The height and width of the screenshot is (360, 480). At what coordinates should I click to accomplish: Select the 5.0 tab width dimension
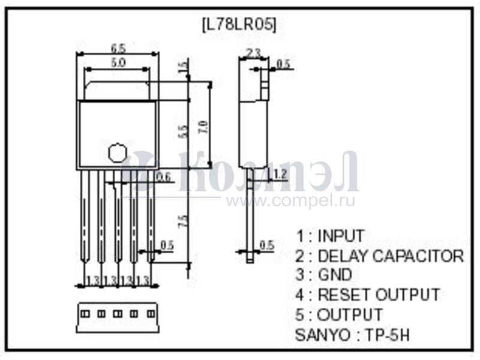coord(118,62)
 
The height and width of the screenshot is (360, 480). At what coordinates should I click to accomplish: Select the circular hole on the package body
coord(116,152)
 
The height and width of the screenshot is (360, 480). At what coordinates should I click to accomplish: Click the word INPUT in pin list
coord(340,236)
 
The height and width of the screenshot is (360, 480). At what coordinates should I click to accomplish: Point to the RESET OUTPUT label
coord(378,295)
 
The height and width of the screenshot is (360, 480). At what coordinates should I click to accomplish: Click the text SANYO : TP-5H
coord(353,334)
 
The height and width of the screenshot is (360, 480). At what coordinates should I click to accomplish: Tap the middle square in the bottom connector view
coord(117,313)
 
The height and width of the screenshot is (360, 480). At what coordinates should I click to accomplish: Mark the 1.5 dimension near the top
coord(184,67)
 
